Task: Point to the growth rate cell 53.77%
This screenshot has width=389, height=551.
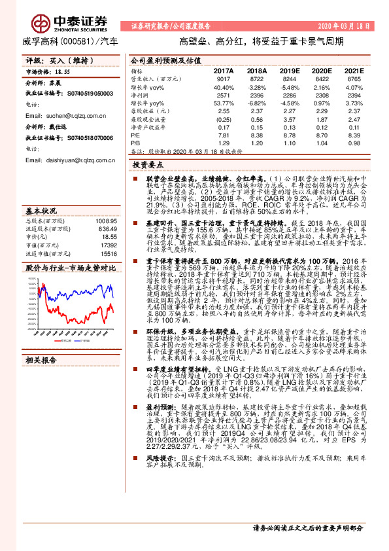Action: [224, 103]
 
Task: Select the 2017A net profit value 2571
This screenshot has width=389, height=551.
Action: [224, 95]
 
